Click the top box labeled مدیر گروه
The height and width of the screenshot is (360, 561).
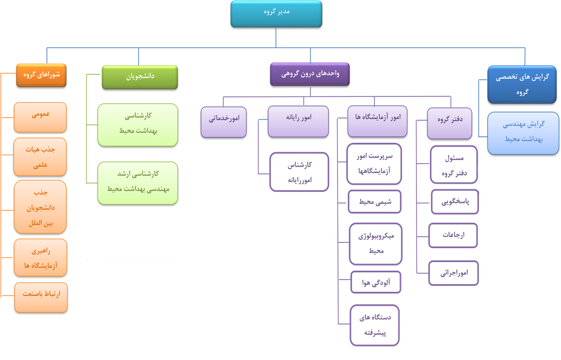coord(276,14)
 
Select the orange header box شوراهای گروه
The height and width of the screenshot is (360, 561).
coord(41,75)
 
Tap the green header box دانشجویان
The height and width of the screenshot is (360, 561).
coord(140,77)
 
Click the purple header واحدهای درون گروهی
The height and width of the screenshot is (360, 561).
coord(310,74)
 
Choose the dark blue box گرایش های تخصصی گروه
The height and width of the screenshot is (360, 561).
coord(522,85)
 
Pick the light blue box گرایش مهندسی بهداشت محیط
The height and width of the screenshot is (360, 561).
coord(523,133)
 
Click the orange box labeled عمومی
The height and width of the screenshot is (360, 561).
coord(40,117)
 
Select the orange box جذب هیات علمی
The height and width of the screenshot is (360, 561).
coord(40,157)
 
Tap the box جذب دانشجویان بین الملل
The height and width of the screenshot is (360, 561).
coord(40,207)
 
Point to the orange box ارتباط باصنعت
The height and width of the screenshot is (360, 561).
coord(41,298)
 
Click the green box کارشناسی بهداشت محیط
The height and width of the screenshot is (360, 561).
coord(138,125)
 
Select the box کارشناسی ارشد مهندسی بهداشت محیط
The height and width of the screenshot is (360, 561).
coord(138,183)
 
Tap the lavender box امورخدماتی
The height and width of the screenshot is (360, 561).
coord(223,122)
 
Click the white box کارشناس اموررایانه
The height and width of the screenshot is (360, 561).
coord(299,172)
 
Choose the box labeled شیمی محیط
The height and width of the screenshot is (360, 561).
coord(375,202)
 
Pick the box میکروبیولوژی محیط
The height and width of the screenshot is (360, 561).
coord(376,244)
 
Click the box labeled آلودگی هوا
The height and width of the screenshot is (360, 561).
coord(376,283)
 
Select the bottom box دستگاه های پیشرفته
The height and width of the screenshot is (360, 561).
coord(375,325)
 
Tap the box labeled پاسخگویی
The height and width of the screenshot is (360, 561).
coord(455,202)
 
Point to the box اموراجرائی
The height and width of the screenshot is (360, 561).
coord(454,273)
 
